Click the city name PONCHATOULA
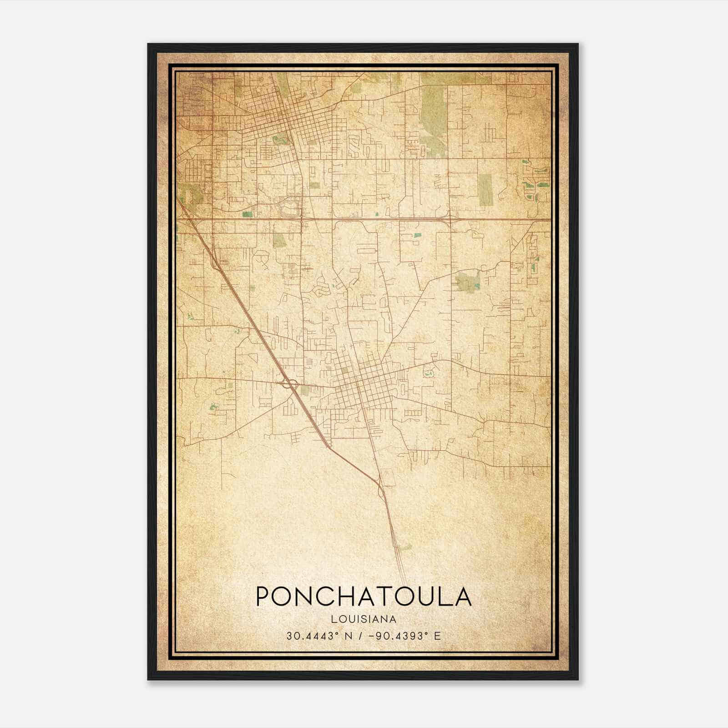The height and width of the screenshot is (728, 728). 364,597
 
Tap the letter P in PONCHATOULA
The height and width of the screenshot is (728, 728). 264,597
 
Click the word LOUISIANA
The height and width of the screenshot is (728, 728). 364,619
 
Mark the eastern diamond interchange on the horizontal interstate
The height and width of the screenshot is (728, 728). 449,218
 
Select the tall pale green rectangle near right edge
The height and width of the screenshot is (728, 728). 485,190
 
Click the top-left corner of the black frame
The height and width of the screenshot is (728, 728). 148,44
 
